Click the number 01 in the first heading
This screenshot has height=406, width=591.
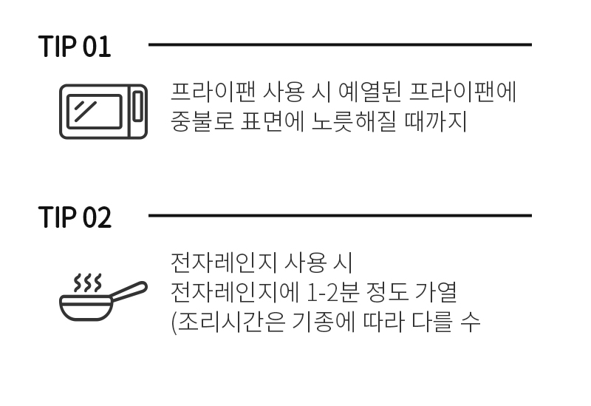(97, 47)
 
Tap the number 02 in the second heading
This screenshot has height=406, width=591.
(97, 217)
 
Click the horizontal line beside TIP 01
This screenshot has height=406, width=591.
(340, 44)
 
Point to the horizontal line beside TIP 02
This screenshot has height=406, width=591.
(340, 215)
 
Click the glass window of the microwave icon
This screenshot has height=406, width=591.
(95, 112)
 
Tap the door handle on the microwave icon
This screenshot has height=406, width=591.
(138, 106)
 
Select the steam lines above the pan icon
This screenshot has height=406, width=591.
(87, 282)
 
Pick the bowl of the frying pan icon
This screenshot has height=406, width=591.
(86, 308)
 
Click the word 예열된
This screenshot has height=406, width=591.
(369, 92)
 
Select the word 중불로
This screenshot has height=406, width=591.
(202, 121)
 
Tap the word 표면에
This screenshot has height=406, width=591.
(272, 121)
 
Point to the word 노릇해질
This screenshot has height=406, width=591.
(354, 121)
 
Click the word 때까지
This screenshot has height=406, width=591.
(435, 121)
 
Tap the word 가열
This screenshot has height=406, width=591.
(436, 292)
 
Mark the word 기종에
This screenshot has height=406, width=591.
(324, 322)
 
